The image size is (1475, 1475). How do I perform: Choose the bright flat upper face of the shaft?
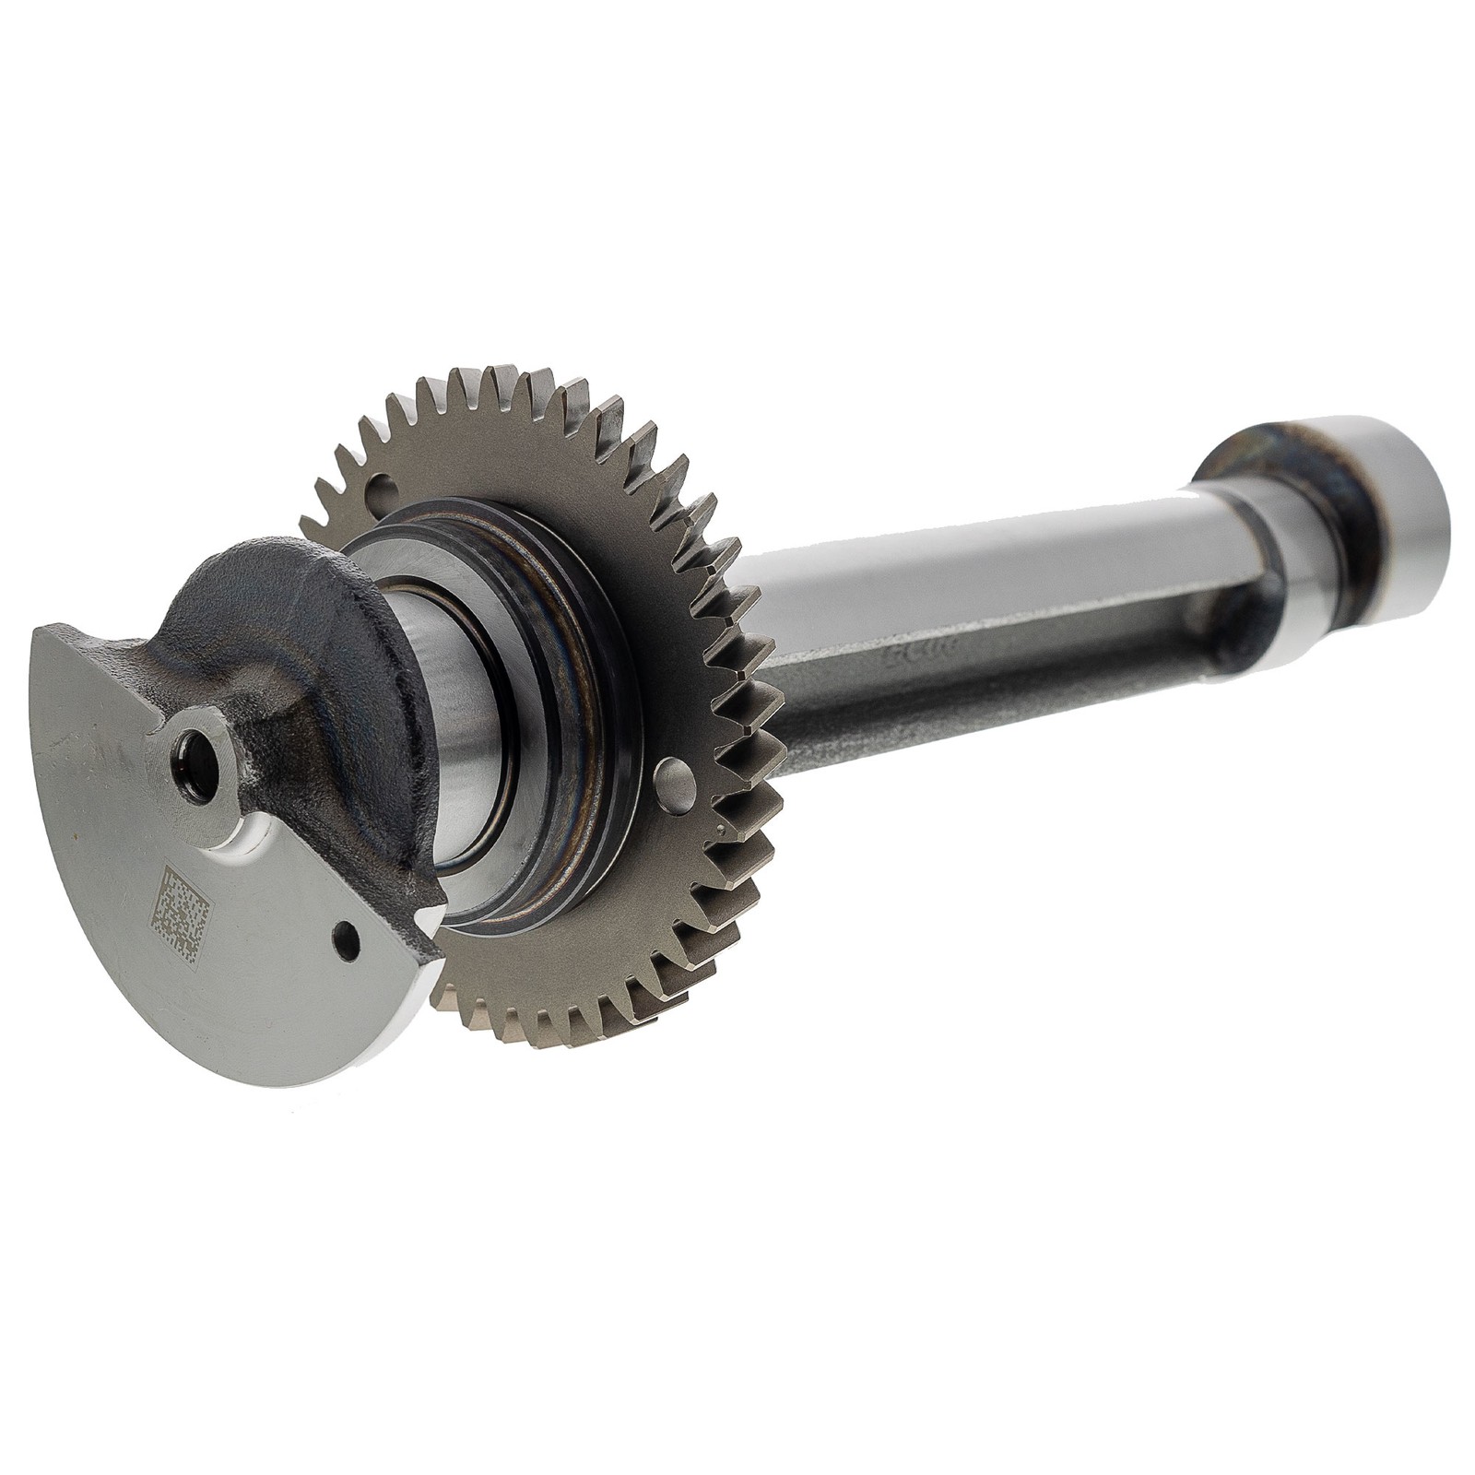(968, 572)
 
